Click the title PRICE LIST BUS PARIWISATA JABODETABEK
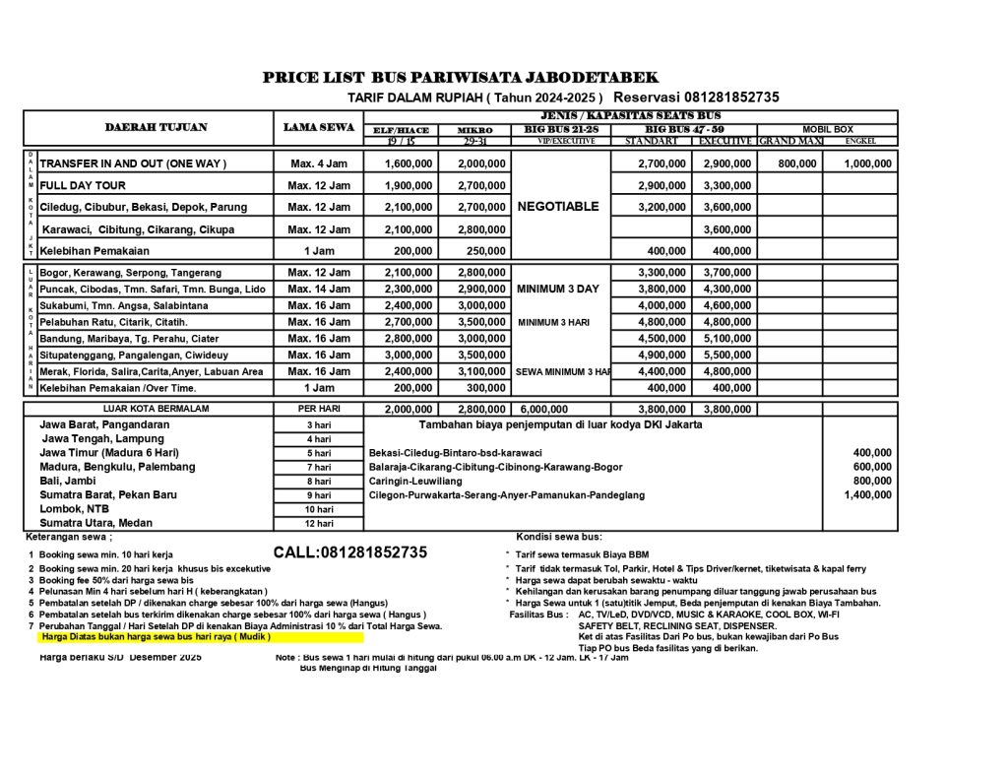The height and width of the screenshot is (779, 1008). point(461,78)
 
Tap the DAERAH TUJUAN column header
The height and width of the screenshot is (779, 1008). point(156,127)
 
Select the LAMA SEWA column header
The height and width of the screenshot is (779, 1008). point(319,127)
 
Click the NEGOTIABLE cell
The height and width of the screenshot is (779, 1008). point(557,207)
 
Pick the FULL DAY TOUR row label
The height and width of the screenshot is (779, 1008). point(83,185)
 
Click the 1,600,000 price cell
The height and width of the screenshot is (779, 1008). point(409,163)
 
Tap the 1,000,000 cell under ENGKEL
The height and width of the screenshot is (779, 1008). point(867,163)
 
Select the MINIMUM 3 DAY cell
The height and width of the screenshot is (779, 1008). point(557,290)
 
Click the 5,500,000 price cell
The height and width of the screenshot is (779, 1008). point(726,356)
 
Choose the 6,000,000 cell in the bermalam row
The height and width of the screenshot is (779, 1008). point(544,409)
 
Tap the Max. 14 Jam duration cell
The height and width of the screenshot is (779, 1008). point(319,290)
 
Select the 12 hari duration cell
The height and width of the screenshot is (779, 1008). point(319,524)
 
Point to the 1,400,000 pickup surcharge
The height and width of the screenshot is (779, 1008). point(867,495)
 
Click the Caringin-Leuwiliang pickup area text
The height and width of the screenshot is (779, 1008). point(415,481)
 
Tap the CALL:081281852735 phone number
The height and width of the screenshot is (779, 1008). point(350,552)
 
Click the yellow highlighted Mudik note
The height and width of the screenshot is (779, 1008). point(155,637)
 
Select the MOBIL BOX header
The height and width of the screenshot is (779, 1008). point(827,129)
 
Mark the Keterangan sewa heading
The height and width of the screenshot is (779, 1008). point(69,537)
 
